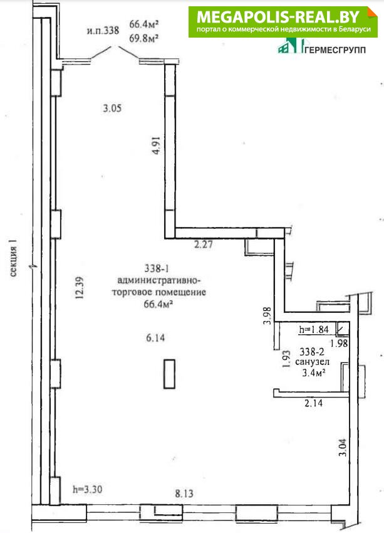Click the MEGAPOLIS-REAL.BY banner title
(x=278, y=17)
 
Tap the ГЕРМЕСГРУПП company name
(x=335, y=50)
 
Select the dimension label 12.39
(x=79, y=287)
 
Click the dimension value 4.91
(x=156, y=145)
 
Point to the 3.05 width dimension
(x=112, y=108)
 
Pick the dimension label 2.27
(x=204, y=244)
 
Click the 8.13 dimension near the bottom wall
(x=184, y=493)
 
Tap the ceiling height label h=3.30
(x=87, y=490)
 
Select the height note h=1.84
(x=314, y=329)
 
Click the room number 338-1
(x=157, y=268)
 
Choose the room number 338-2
(x=312, y=352)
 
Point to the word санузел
(x=312, y=362)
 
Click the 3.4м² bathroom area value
(x=314, y=373)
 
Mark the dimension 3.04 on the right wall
(x=343, y=448)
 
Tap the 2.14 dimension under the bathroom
(x=313, y=403)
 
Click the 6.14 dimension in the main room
(x=155, y=337)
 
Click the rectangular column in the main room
(x=169, y=374)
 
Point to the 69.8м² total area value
(x=144, y=38)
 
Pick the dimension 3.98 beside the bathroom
(x=267, y=316)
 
